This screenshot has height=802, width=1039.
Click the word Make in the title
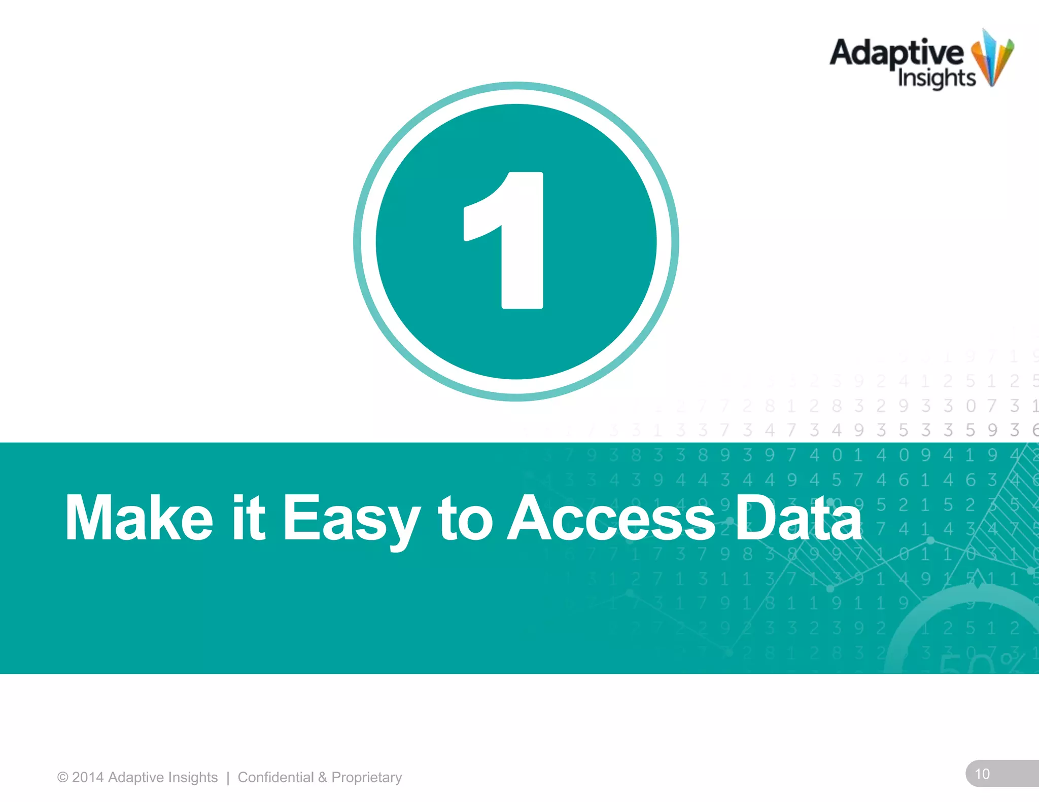point(138,518)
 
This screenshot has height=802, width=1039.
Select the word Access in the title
point(611,518)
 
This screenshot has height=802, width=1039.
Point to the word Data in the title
point(799,518)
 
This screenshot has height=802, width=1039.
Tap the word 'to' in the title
point(465,518)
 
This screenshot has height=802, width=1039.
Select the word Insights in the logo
point(937,79)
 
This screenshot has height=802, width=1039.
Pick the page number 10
point(982,774)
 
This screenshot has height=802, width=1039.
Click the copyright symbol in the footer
point(62,778)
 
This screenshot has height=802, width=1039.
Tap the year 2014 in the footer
point(88,778)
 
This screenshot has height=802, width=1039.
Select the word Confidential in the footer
point(275,778)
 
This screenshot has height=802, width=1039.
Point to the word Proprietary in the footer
point(366,778)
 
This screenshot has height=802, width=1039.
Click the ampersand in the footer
point(323,778)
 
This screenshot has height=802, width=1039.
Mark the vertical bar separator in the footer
point(228,778)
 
